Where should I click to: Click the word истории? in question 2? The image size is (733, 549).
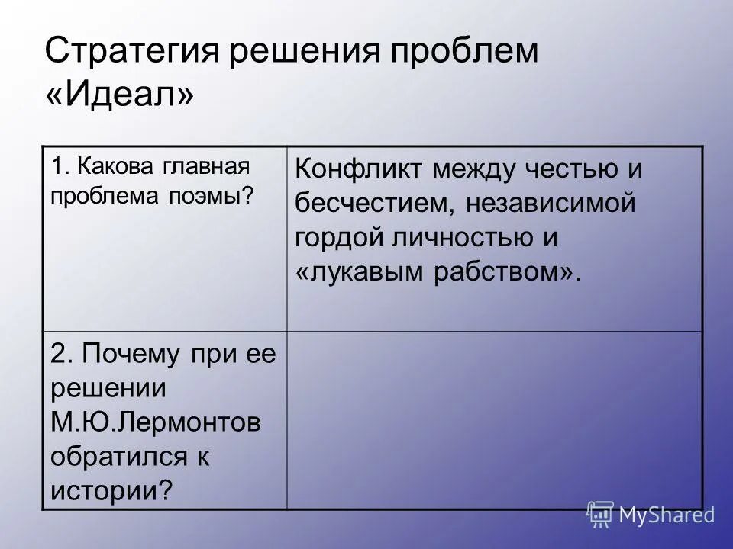pyautogui.click(x=110, y=489)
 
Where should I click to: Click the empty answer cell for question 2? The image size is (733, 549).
pyautogui.click(x=494, y=419)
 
